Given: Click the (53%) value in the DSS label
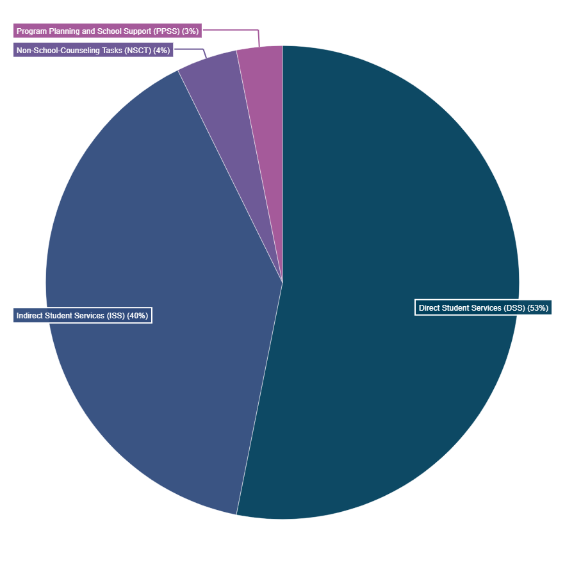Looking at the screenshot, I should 537,308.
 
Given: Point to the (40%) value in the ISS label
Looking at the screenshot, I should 138,316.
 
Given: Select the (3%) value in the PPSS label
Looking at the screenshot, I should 190,31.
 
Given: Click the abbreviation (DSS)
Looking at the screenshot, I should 514,308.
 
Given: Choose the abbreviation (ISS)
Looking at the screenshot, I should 116,316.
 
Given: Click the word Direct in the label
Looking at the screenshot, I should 429,308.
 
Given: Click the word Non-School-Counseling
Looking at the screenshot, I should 54,51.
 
